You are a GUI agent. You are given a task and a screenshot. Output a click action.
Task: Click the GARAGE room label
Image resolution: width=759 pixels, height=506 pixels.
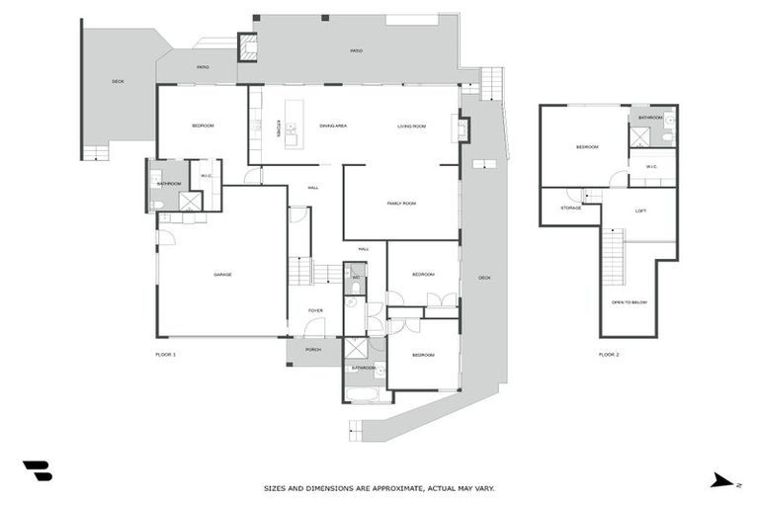click(x=222, y=274)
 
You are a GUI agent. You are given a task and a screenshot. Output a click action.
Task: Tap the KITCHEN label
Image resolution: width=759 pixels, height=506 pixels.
click(x=280, y=127)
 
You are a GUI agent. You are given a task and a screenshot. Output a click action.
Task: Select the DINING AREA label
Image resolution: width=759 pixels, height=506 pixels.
click(x=332, y=126)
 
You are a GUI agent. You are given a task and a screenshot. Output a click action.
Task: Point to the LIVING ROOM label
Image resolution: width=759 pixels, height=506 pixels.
click(x=411, y=126)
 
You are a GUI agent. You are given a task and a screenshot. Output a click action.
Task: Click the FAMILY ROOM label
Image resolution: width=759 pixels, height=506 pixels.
click(x=401, y=203)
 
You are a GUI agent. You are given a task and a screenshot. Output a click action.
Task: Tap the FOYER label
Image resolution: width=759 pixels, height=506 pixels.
click(x=315, y=310)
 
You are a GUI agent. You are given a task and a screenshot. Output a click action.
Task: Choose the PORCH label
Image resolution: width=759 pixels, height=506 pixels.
click(x=313, y=349)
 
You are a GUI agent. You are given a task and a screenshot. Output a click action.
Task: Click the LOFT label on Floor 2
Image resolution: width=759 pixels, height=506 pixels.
click(x=640, y=211)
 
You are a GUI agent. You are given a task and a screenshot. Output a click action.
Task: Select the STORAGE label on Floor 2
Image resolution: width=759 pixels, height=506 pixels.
click(x=570, y=208)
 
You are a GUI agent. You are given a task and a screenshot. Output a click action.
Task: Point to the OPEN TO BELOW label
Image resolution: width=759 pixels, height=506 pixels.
click(x=629, y=302)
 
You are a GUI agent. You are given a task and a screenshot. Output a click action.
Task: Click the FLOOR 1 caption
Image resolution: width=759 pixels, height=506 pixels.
click(x=165, y=354)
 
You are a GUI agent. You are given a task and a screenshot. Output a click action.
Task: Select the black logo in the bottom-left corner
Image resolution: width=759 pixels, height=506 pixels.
click(x=38, y=471)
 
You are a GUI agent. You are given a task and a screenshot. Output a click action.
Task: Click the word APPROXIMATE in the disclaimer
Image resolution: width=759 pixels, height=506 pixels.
click(x=390, y=488)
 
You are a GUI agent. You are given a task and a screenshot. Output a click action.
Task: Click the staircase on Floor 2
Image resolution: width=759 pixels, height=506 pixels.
click(x=613, y=256)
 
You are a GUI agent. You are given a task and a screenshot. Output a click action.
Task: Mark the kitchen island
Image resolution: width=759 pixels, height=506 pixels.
click(x=292, y=124)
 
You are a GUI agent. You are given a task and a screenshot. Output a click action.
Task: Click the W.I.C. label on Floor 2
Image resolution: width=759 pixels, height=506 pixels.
click(x=652, y=167)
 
